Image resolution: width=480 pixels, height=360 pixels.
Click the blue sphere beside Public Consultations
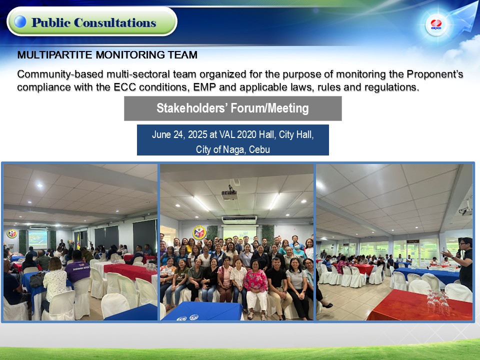20,21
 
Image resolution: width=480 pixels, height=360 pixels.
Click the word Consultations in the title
115,22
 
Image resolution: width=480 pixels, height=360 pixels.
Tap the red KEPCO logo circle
436,24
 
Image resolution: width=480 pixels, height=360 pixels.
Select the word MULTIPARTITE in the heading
55,55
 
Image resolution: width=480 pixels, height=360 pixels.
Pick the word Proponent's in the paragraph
434,74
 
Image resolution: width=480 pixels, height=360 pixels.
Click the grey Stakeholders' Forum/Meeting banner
232,108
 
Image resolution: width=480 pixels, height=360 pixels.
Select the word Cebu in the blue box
259,149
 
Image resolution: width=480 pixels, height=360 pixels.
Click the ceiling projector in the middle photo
229,193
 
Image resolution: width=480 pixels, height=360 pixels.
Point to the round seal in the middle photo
199,232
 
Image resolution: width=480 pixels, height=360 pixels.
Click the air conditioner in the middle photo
239,220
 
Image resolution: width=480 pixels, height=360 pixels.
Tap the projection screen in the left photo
37,239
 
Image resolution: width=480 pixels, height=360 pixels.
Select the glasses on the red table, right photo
436,302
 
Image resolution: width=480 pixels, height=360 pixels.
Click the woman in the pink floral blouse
256,289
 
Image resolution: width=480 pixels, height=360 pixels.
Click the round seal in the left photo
11,234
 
